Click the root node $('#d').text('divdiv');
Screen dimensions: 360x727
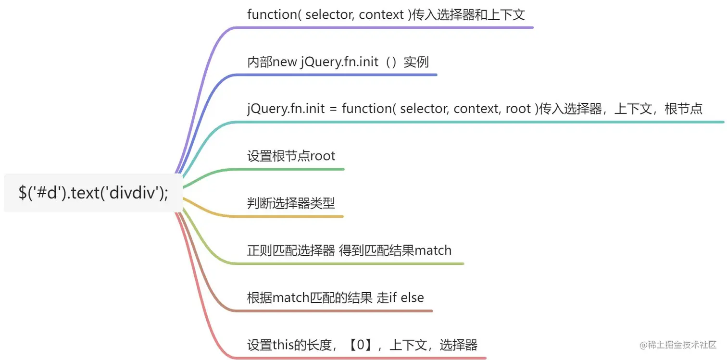pos(93,193)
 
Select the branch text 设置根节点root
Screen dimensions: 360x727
pos(291,156)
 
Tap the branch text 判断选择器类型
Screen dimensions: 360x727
pos(291,203)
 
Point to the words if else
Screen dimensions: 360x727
pos(406,298)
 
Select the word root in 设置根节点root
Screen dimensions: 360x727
pos(323,156)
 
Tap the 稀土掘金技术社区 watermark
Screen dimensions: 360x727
pos(677,345)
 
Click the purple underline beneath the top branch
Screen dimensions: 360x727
pos(385,27)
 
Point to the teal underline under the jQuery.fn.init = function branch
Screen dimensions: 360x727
pos(481,122)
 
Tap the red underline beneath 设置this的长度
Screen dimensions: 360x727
pos(361,358)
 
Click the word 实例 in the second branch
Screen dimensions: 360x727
pos(416,62)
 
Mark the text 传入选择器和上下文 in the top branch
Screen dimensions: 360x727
pos(465,14)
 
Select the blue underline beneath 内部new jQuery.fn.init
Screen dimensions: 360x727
pos(337,75)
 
